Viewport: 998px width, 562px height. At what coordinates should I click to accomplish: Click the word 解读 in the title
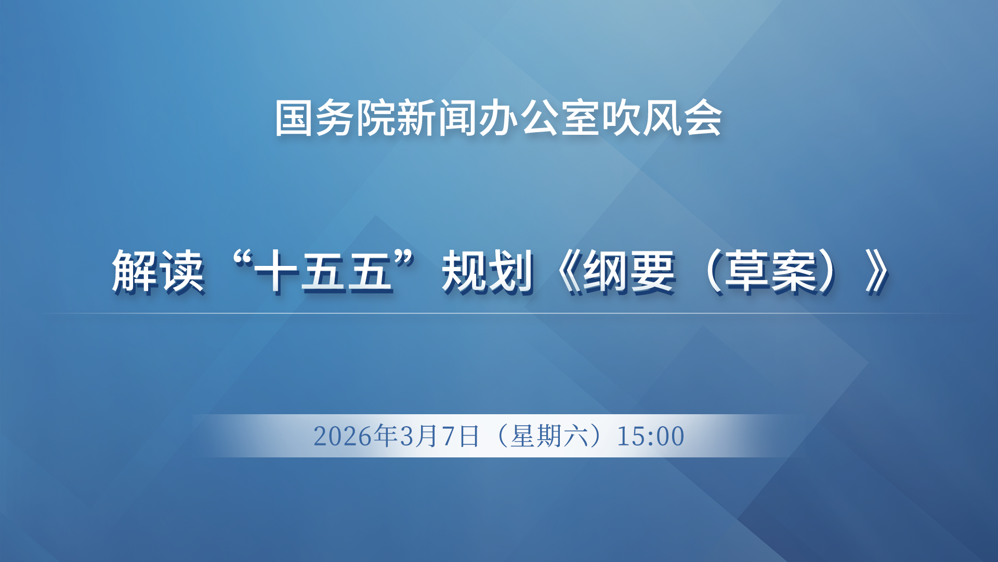[158, 272]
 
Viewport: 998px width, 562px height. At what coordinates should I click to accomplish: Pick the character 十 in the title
[277, 272]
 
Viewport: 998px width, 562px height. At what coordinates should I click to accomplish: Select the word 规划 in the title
[488, 272]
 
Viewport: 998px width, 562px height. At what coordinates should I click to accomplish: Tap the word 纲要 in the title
[629, 272]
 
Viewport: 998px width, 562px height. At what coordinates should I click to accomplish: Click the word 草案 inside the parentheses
[770, 272]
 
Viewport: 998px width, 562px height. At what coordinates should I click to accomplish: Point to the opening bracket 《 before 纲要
[568, 272]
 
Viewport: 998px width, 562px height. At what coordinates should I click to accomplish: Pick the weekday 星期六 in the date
[549, 436]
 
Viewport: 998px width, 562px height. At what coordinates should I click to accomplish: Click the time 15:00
[651, 436]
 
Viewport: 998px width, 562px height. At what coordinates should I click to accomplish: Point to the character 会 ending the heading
[703, 119]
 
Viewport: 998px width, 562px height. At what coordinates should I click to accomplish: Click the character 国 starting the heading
[295, 119]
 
